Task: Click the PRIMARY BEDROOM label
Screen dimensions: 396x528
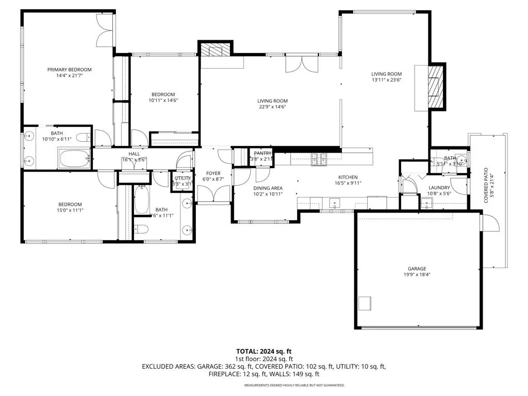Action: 70,70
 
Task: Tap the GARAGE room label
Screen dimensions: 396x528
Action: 417,269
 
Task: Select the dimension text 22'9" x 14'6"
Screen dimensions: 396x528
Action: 273,107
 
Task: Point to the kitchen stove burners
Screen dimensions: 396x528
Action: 319,160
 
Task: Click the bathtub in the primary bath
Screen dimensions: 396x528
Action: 75,158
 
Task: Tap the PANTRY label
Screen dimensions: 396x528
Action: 262,153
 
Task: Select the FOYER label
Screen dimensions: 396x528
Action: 213,173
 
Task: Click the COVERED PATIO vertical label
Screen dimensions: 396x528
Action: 486,186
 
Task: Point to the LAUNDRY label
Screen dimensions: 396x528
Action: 439,188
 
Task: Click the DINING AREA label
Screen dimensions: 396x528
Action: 268,188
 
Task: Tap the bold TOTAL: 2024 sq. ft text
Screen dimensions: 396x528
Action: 264,351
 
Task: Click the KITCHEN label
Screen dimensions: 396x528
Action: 348,177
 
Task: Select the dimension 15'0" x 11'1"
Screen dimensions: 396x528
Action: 70,210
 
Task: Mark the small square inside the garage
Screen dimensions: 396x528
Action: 366,303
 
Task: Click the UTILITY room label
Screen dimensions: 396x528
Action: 183,178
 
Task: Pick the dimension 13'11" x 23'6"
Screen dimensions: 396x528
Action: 386,80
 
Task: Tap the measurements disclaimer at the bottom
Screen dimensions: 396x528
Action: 294,385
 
